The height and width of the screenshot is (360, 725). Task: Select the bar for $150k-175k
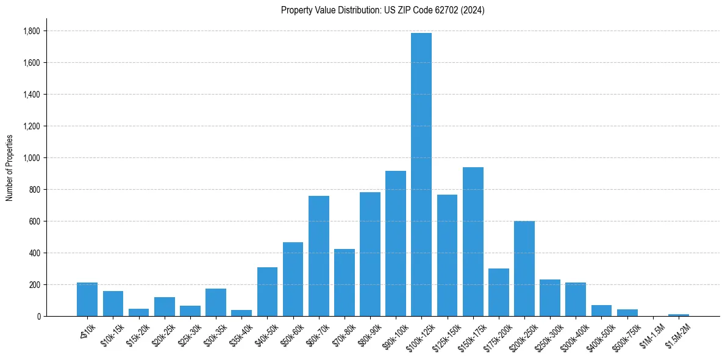coord(473,242)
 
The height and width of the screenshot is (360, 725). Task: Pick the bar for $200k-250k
coord(524,268)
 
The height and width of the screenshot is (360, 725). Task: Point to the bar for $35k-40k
coord(241,313)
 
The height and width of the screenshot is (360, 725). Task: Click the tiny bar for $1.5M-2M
coord(678,315)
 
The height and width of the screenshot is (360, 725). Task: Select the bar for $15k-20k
coord(138,312)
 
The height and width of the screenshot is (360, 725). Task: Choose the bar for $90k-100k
coord(396,243)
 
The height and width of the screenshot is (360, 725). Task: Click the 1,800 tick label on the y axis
coord(32,31)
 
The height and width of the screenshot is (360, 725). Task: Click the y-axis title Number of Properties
coord(9,167)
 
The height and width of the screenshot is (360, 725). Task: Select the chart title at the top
coord(382,10)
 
